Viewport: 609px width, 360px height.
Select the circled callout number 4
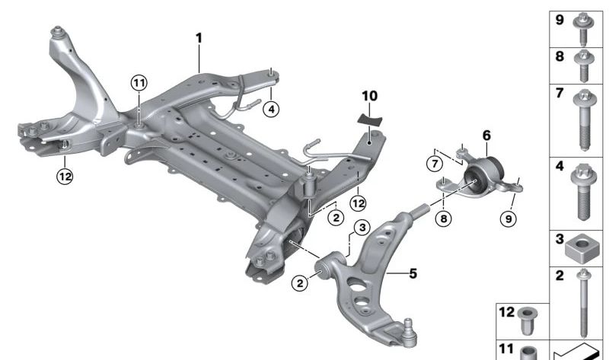(270, 110)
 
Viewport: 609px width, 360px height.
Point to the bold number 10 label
(369, 97)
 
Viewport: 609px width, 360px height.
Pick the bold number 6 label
(486, 135)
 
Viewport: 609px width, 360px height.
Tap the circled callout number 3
(361, 227)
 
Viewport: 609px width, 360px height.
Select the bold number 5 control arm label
(412, 272)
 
